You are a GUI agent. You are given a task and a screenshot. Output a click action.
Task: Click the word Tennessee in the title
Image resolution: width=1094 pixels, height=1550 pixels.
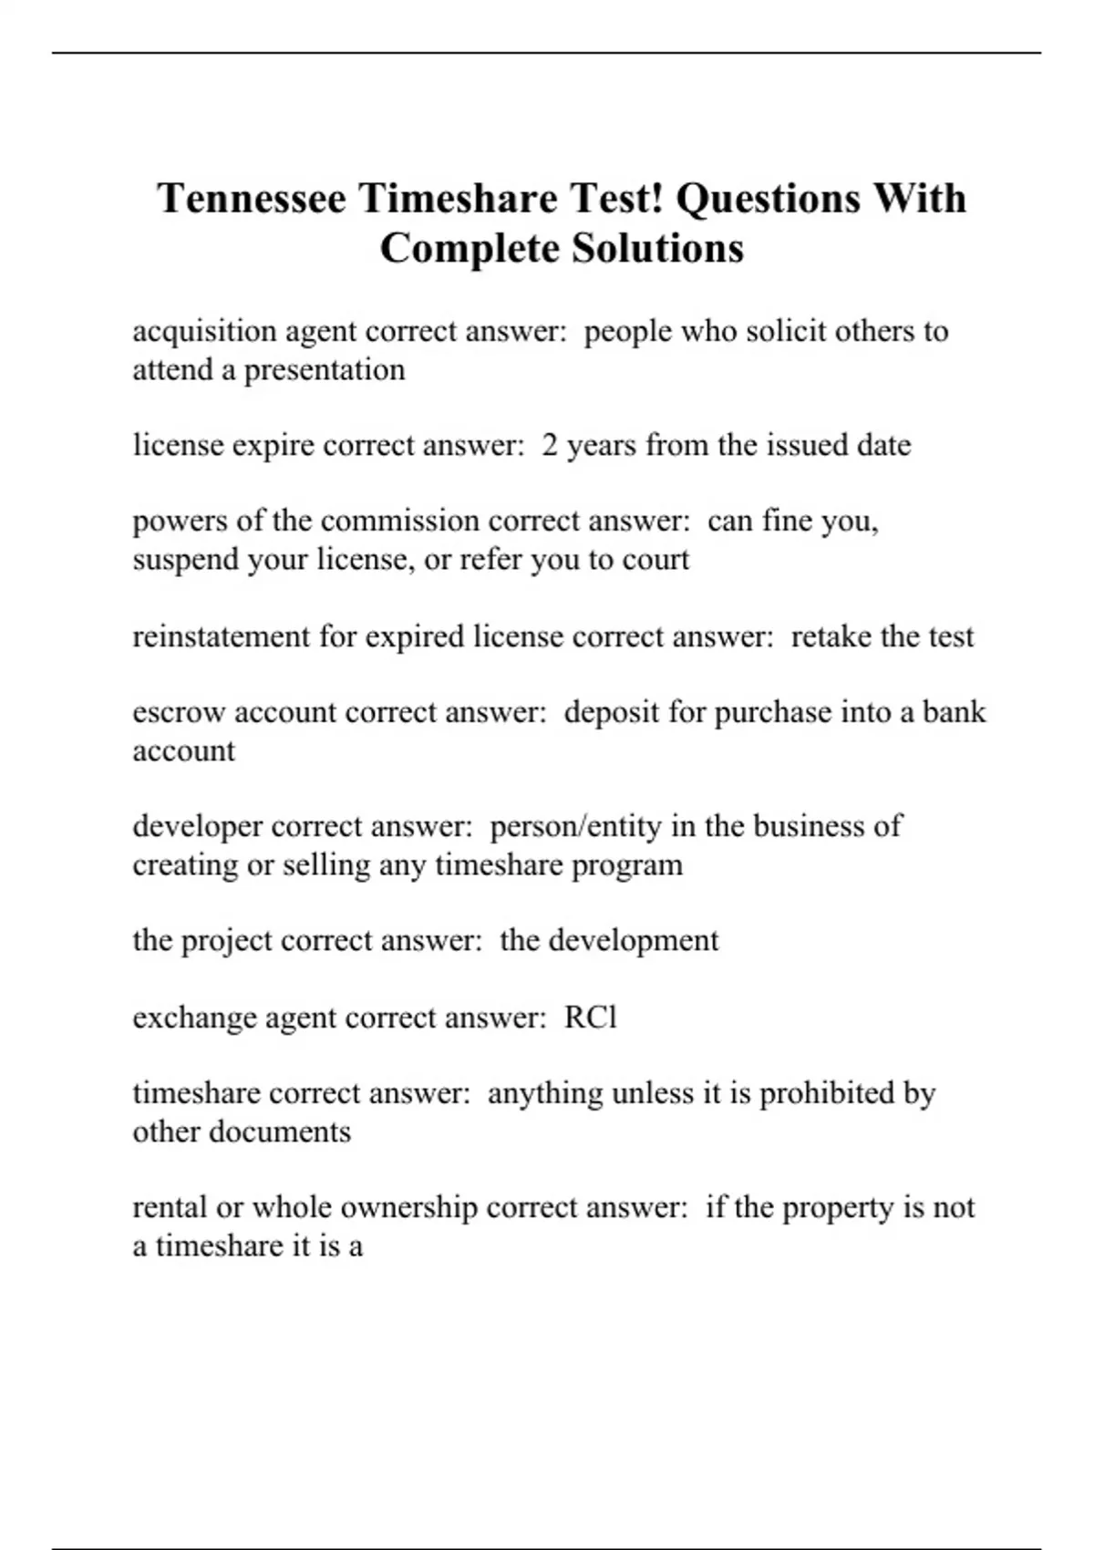(252, 199)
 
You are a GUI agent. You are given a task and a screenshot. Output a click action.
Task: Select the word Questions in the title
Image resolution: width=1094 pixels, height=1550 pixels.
(769, 199)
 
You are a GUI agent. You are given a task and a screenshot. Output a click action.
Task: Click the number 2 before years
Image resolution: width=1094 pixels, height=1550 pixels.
(550, 445)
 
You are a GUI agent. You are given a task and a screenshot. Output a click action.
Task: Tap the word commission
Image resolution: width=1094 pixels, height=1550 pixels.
(400, 521)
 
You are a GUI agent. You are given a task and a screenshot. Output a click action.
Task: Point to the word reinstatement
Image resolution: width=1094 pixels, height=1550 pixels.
(222, 635)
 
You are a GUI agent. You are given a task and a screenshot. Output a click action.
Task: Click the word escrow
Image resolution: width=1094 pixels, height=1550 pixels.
(179, 712)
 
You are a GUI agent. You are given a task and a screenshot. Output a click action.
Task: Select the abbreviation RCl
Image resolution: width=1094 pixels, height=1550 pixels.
(591, 1017)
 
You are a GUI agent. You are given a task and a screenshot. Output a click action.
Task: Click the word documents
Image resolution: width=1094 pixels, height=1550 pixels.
(280, 1131)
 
